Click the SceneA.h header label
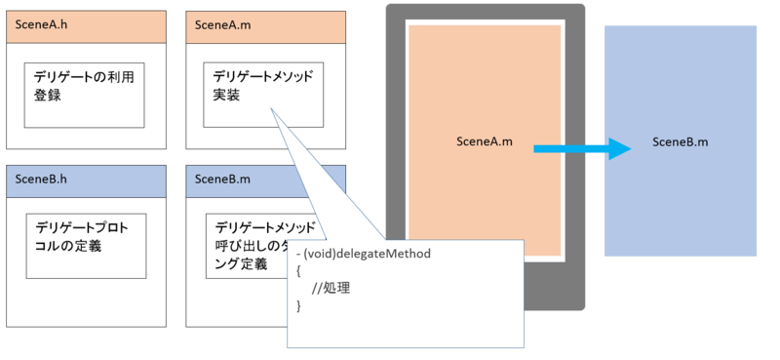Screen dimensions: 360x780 (41, 24)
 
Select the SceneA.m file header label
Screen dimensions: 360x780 (220, 24)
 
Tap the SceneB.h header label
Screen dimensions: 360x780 (41, 179)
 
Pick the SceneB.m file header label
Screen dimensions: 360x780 (220, 179)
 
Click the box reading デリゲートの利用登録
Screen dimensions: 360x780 (84, 95)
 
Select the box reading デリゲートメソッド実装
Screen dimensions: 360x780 (263, 94)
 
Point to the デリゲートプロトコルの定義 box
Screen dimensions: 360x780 (84, 246)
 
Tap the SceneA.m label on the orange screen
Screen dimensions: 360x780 (484, 141)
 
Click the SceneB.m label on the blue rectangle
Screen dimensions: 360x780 (680, 141)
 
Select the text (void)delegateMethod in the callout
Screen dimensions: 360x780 (367, 254)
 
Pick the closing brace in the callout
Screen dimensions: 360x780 (299, 306)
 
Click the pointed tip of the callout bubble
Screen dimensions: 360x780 (272, 108)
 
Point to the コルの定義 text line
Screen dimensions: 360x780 (67, 246)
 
